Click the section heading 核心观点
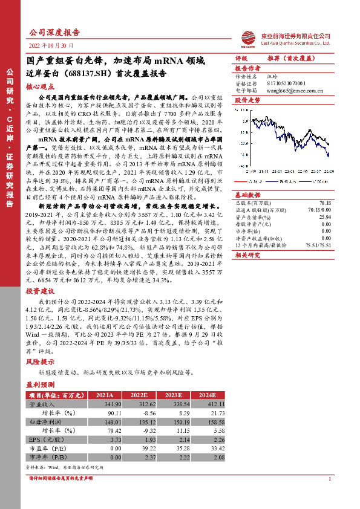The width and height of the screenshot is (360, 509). click(39, 87)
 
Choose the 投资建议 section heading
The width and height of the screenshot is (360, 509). click(39, 291)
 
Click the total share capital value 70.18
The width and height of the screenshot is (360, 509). click(325, 203)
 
